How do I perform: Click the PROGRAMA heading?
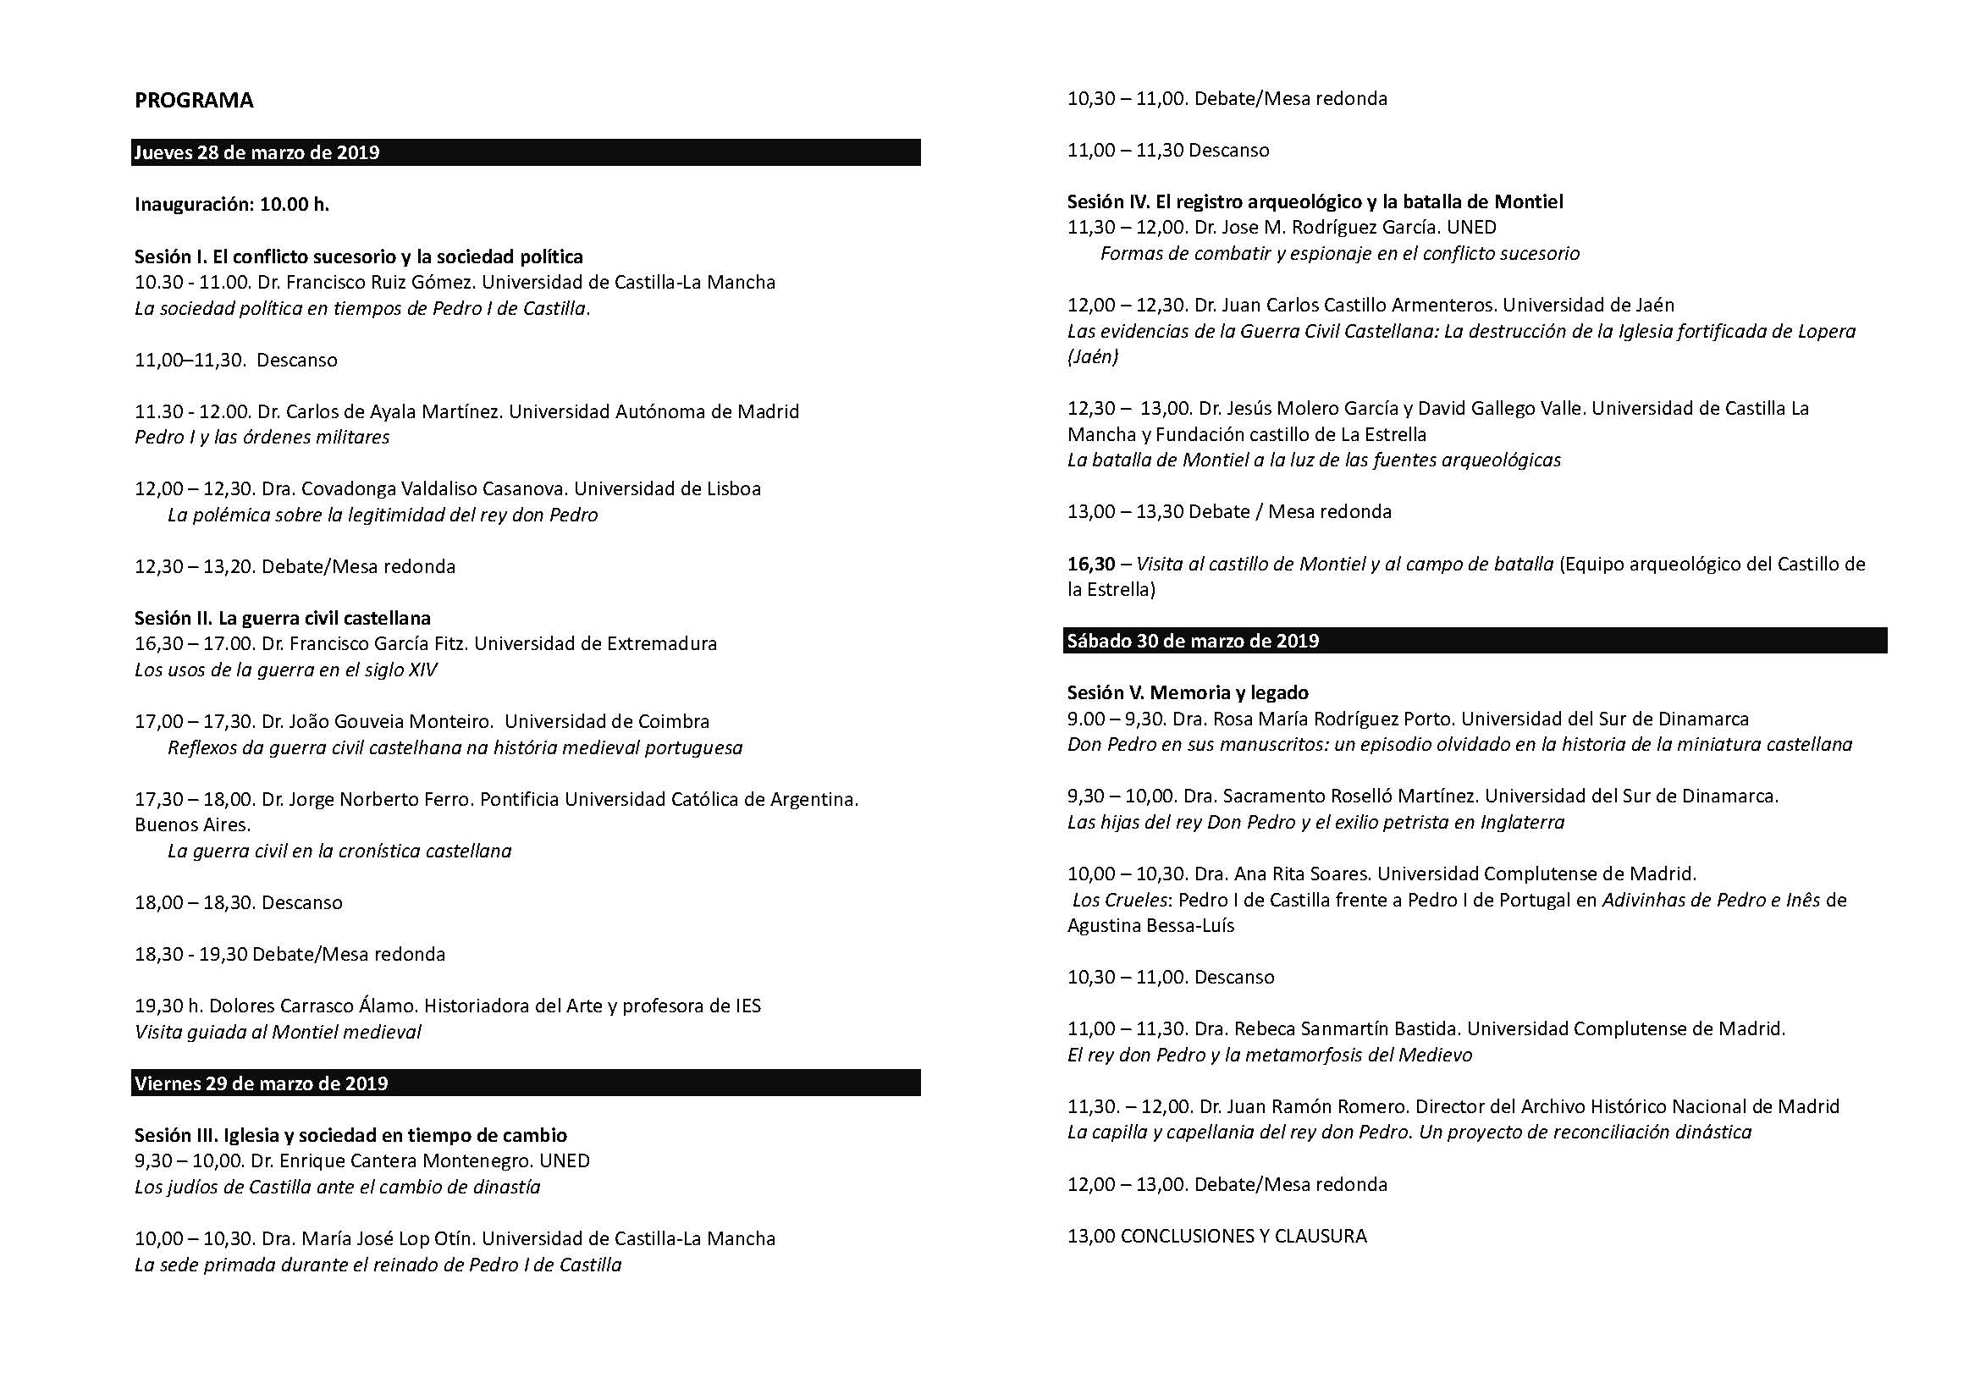click(x=194, y=101)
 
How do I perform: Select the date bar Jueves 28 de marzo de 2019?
click(x=257, y=152)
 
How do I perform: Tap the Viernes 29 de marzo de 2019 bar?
click(x=262, y=1083)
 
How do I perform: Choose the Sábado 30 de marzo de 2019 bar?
click(x=1193, y=641)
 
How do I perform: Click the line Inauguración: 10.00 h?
click(x=232, y=204)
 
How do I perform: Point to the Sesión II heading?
click(x=282, y=617)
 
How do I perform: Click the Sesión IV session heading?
click(x=1315, y=201)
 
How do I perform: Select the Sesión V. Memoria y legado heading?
click(x=1188, y=692)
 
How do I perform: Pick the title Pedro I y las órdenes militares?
click(x=262, y=437)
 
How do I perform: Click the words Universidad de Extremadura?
click(x=595, y=643)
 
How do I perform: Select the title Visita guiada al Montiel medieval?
click(x=278, y=1032)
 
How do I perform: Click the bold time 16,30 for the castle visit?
click(x=1091, y=564)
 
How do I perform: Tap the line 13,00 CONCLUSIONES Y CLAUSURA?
click(x=1216, y=1236)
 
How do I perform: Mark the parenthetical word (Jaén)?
click(x=1092, y=357)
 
